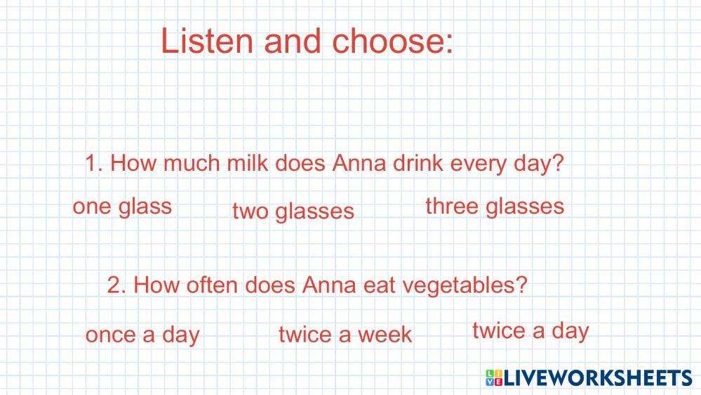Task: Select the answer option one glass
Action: (122, 207)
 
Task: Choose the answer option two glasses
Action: (293, 212)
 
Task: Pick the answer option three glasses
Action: (495, 207)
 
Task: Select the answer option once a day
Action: (142, 335)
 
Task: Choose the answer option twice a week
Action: (345, 334)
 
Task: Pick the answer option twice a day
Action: (530, 332)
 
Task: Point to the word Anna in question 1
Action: (359, 162)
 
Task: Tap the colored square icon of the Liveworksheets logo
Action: (494, 377)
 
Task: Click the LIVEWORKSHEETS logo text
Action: (598, 377)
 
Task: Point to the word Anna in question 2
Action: (329, 285)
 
